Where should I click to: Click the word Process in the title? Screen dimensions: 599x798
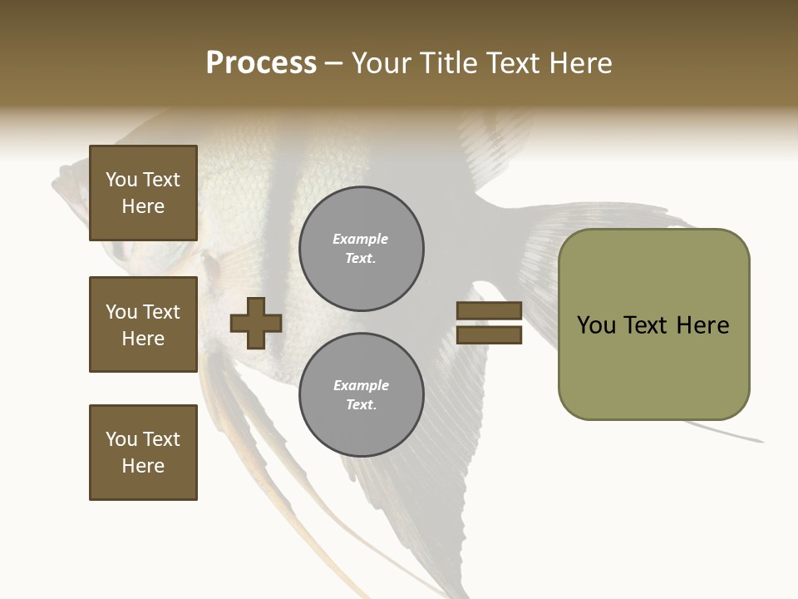(x=261, y=63)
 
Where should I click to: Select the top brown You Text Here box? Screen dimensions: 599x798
(x=143, y=193)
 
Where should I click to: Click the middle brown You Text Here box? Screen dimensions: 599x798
(x=143, y=324)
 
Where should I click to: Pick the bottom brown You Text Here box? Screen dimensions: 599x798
(x=143, y=453)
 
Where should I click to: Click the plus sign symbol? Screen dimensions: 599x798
(x=256, y=323)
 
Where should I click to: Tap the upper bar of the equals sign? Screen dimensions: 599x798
(x=489, y=310)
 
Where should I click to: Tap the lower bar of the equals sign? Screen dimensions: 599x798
(x=489, y=334)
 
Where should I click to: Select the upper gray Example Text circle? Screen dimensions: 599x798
(x=361, y=249)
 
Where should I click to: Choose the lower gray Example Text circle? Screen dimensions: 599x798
(x=361, y=395)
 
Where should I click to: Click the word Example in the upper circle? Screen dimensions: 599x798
(x=360, y=239)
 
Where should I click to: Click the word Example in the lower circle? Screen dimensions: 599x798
(x=360, y=385)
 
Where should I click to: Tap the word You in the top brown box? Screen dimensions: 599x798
(x=121, y=180)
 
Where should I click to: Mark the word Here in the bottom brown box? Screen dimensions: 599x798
(x=143, y=466)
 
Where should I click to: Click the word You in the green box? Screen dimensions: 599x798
(x=596, y=325)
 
